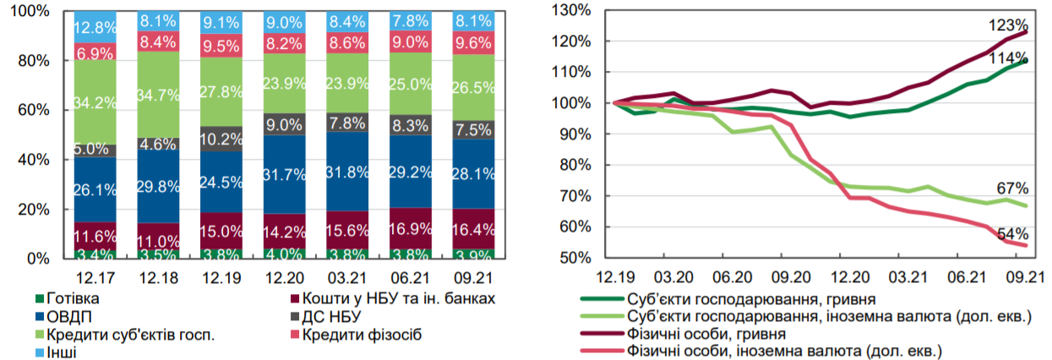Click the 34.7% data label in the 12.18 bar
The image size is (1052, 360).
[x=157, y=86]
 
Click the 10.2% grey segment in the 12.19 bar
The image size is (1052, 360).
[x=221, y=139]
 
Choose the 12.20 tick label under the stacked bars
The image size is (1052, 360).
[x=284, y=276]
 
